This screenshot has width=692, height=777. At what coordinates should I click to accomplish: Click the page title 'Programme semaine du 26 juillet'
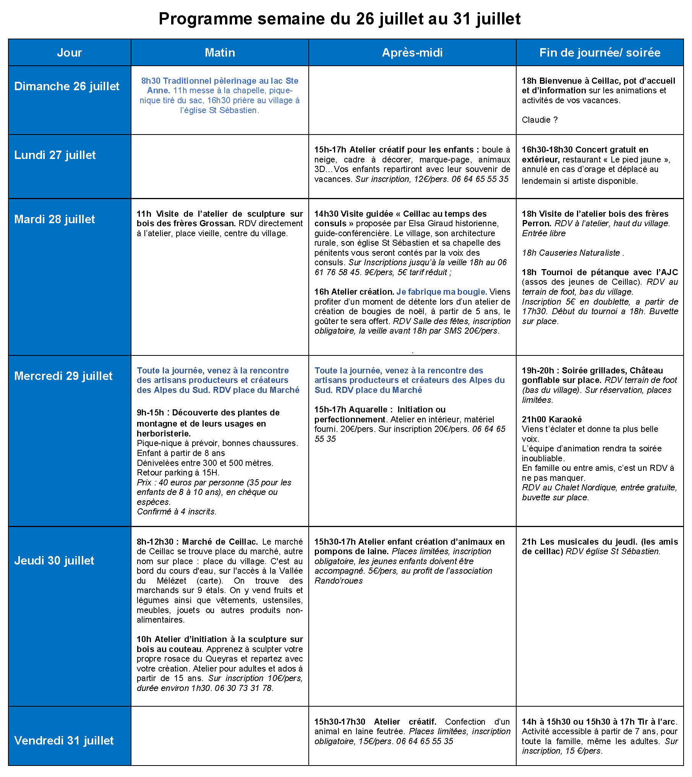[339, 19]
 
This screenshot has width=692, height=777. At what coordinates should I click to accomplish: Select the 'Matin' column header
[220, 52]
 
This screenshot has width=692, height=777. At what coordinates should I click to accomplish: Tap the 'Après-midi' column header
[412, 52]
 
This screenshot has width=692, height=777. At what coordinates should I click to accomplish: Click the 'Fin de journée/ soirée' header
[600, 52]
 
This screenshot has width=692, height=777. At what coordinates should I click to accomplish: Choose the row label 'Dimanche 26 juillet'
[67, 86]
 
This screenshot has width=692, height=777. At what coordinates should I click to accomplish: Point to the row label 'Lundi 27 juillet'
[55, 155]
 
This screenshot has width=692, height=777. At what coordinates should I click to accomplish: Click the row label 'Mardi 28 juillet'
[55, 219]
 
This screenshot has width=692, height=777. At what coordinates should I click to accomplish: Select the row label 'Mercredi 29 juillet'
[63, 376]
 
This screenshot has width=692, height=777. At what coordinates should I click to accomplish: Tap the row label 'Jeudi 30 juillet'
[54, 561]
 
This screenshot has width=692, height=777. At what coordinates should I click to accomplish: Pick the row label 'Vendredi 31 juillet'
[64, 741]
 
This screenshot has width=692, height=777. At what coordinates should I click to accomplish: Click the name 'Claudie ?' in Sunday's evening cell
[540, 120]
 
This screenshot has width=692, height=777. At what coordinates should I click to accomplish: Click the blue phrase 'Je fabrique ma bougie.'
[442, 292]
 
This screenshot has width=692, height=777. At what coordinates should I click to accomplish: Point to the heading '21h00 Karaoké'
[552, 420]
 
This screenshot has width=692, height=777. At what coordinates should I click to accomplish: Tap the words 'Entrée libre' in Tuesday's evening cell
[544, 234]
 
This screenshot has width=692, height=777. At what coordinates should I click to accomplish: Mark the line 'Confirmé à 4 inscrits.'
[177, 512]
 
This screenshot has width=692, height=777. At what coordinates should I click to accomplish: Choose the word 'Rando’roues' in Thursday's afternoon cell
[339, 581]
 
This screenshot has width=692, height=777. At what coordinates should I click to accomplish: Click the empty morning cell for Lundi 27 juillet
[220, 167]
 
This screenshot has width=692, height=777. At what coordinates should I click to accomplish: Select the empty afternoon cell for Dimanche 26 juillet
[412, 100]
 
